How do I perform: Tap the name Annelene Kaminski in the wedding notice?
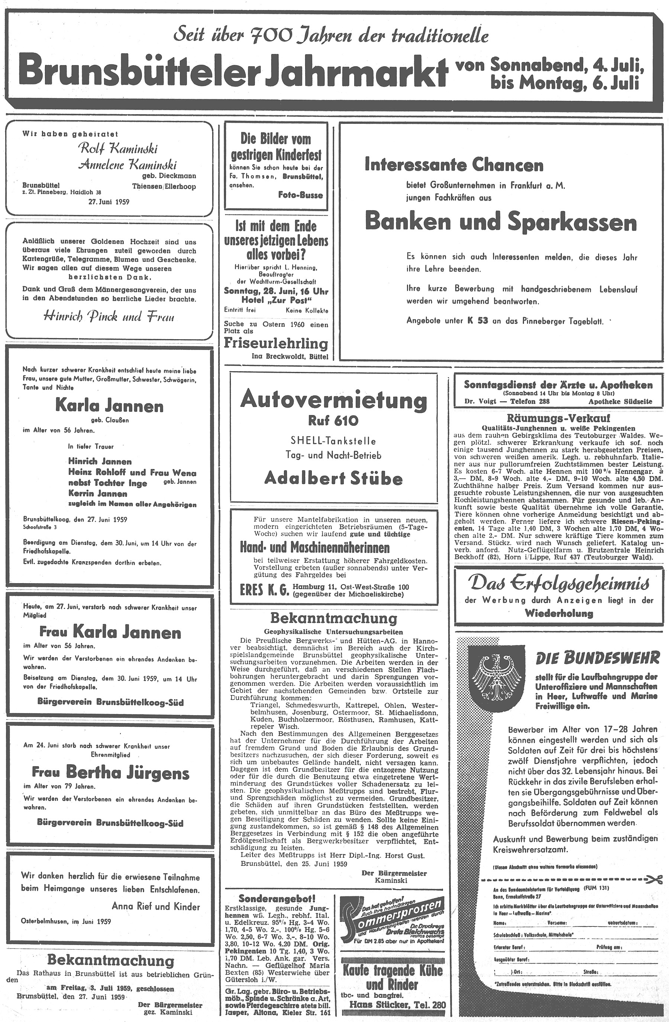click(x=127, y=164)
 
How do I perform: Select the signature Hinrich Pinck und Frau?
click(x=109, y=317)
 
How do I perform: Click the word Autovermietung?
click(x=333, y=400)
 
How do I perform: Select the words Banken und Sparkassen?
click(x=500, y=222)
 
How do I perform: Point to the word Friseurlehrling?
click(x=276, y=344)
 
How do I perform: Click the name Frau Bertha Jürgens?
click(x=110, y=773)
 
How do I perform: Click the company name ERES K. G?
click(x=264, y=591)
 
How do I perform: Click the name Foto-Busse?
click(x=300, y=195)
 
